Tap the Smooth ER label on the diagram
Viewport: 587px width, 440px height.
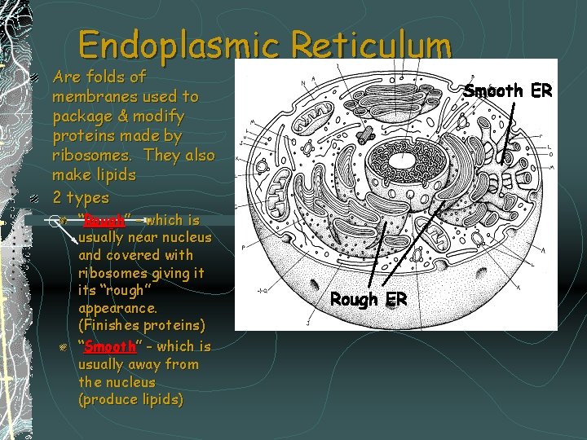(508, 90)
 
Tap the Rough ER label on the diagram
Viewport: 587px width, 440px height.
(369, 299)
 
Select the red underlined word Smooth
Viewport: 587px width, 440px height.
(108, 346)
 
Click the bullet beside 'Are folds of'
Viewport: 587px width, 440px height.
(35, 78)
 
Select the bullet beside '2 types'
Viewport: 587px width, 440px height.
(35, 198)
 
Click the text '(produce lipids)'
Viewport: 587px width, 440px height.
(130, 400)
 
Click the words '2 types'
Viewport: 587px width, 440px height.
(80, 198)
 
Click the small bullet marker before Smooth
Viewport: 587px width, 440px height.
(62, 347)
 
